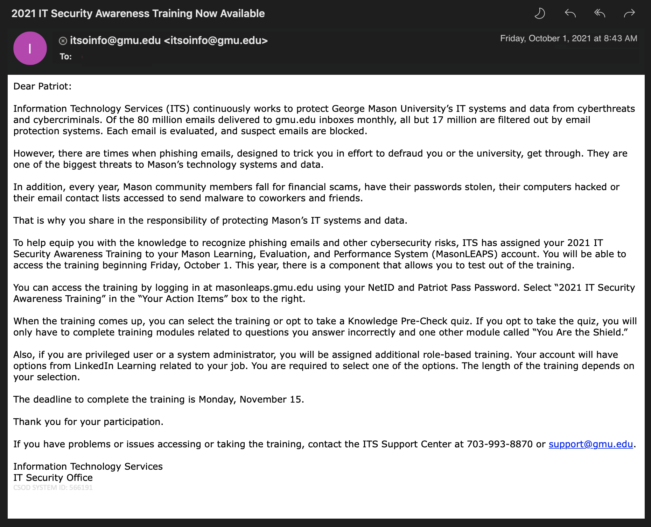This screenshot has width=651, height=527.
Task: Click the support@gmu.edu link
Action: tap(590, 444)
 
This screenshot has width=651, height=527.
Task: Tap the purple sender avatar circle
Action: tap(30, 48)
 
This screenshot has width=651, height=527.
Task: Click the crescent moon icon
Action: tap(540, 14)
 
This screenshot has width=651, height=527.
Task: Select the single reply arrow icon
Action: tap(570, 14)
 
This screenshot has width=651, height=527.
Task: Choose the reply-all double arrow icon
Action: tap(600, 14)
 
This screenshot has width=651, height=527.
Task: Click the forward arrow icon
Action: tap(629, 14)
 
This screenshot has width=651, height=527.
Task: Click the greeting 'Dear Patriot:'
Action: tap(42, 86)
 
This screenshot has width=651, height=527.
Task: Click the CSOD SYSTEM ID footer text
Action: tap(53, 488)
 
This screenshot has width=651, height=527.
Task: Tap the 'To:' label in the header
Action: tap(65, 57)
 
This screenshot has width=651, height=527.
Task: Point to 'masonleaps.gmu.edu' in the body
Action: tap(264, 288)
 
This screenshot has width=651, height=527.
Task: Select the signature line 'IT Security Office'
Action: tap(53, 478)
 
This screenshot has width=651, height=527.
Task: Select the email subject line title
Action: tap(138, 14)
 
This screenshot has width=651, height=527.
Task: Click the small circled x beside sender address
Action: tap(63, 41)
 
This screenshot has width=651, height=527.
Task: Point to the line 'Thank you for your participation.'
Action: tap(88, 422)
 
